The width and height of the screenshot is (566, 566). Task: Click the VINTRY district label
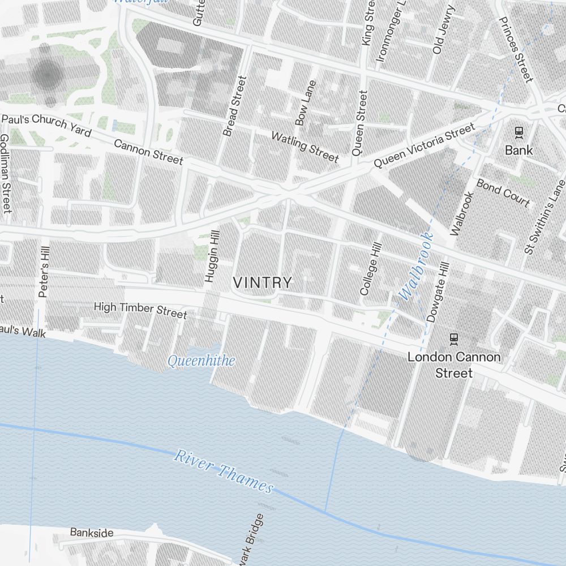click(x=263, y=282)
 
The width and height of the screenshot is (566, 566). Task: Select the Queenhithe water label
click(x=201, y=361)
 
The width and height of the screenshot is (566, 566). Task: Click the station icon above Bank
click(x=518, y=132)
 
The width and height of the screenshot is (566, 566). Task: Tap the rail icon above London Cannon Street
click(x=453, y=339)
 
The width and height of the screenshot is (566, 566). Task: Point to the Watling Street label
click(x=305, y=146)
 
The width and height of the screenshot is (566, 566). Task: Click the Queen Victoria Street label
click(x=424, y=146)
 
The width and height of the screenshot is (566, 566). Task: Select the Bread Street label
click(x=235, y=106)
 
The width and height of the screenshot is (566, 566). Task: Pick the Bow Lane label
click(x=306, y=102)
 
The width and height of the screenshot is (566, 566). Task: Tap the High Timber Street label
click(x=140, y=310)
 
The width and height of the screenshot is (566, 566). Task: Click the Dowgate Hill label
click(x=438, y=291)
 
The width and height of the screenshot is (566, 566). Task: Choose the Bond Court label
click(x=503, y=192)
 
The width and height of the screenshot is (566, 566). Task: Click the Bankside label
click(x=92, y=533)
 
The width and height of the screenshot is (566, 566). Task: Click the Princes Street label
click(x=516, y=49)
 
